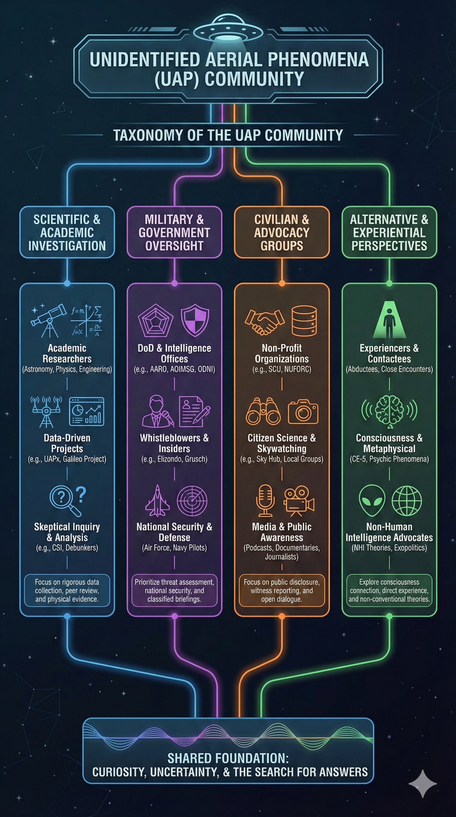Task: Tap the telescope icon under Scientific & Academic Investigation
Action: pos(48,320)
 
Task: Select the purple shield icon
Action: pos(195,320)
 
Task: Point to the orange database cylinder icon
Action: pos(304,321)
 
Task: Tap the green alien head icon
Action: pos(372,501)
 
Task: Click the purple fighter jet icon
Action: pos(157,501)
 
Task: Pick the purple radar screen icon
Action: pos(192,501)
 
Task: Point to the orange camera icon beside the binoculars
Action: pos(303,412)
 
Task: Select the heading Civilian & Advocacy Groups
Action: pos(282,232)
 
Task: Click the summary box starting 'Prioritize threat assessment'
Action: pos(174,590)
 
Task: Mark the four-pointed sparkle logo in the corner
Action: pos(423,783)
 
